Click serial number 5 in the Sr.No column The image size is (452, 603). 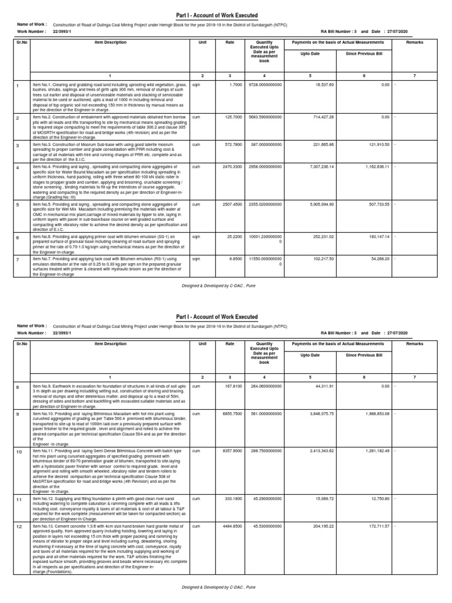[18, 206]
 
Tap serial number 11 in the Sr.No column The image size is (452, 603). [18, 500]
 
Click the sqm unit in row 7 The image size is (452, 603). [197, 257]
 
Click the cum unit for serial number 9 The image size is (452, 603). [197, 414]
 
